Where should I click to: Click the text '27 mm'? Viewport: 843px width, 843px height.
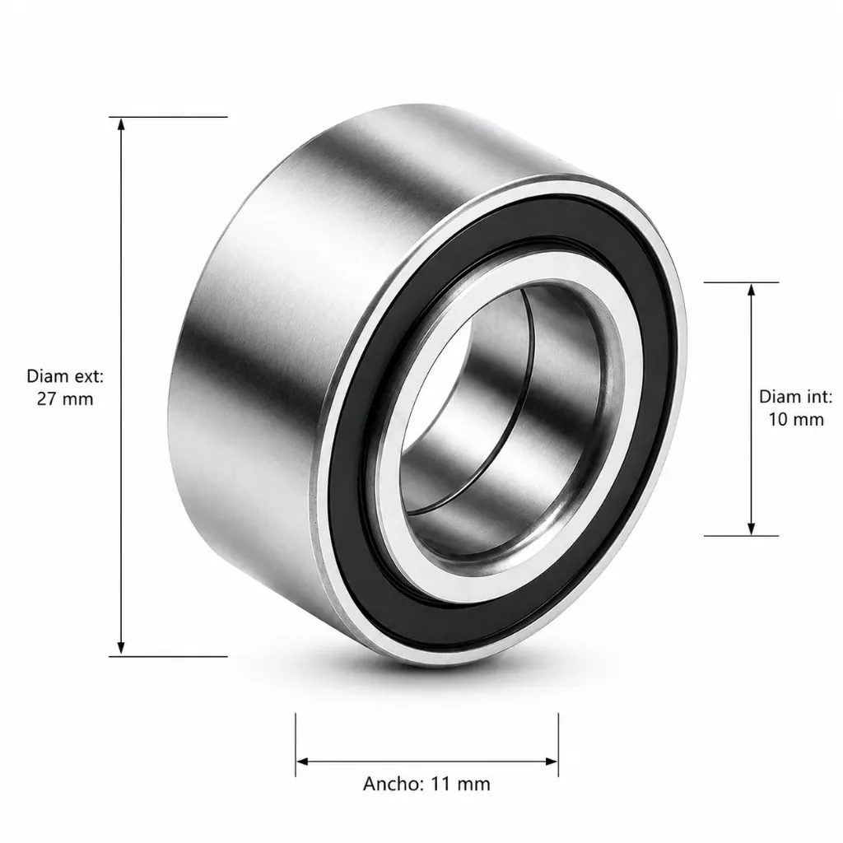[x=65, y=399]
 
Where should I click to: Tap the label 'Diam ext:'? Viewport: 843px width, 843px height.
[x=65, y=376]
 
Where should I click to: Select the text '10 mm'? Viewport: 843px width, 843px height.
[x=796, y=419]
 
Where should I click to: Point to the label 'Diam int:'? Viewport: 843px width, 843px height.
[x=796, y=397]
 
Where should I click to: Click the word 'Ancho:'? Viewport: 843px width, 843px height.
[x=394, y=784]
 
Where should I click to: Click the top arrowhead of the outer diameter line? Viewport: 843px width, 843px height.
[x=121, y=124]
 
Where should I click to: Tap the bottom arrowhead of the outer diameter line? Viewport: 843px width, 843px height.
[x=121, y=649]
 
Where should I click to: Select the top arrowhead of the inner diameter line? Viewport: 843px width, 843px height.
[x=752, y=290]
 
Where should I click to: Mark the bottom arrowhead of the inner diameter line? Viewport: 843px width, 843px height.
[x=752, y=529]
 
